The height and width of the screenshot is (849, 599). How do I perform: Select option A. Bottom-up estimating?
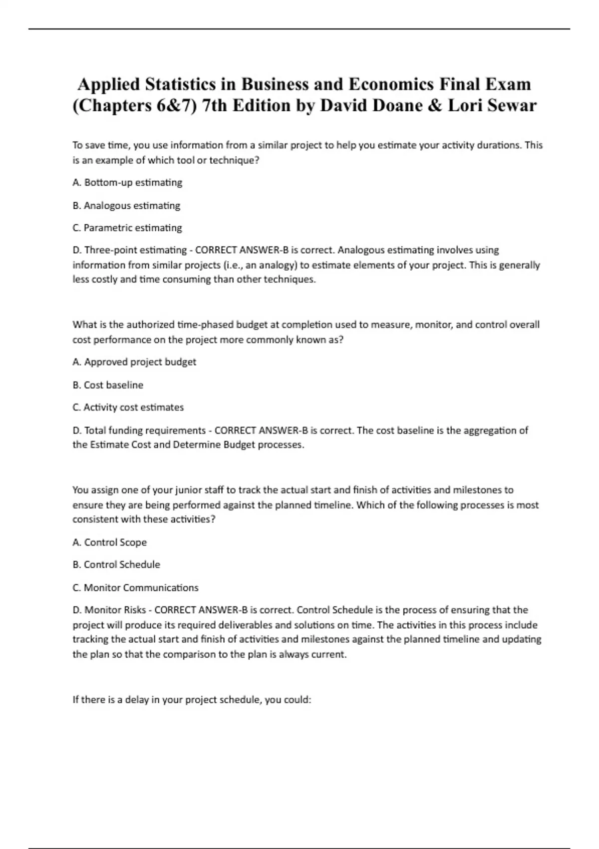(x=127, y=183)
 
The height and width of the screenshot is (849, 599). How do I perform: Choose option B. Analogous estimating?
(x=126, y=205)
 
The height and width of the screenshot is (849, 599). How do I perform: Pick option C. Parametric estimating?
(x=127, y=228)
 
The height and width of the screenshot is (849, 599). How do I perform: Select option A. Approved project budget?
(x=134, y=362)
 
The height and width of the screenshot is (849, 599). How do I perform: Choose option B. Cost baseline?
(x=108, y=385)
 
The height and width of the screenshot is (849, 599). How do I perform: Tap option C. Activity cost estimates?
(x=128, y=408)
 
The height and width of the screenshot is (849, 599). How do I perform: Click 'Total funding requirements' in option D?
(x=145, y=430)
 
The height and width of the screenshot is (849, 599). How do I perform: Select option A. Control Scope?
(x=110, y=542)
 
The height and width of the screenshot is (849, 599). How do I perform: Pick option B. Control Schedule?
(x=116, y=565)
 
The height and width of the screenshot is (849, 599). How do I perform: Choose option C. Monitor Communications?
(x=135, y=588)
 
